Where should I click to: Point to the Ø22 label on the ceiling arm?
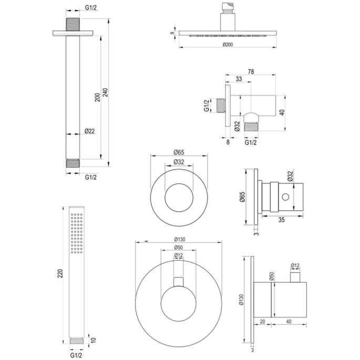(90, 131)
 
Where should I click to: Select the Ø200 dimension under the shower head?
(228, 45)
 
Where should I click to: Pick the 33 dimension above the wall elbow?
(239, 80)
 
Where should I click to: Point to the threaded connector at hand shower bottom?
(76, 341)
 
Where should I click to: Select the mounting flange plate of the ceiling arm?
(73, 33)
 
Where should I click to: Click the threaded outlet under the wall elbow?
(253, 126)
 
